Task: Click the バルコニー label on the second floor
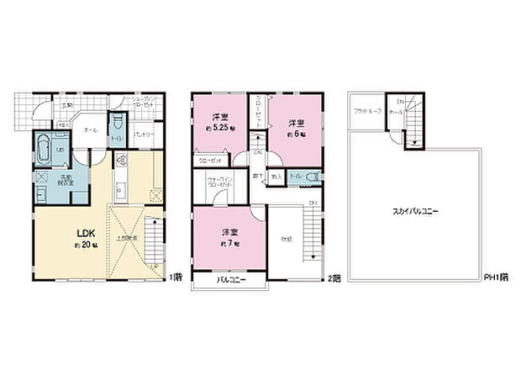point(229,278)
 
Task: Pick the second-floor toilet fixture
point(312,177)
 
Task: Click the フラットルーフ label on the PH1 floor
point(367,111)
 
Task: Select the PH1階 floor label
point(494,277)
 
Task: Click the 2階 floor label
point(335,277)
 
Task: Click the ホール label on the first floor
point(91,130)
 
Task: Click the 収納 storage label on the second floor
point(285,240)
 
